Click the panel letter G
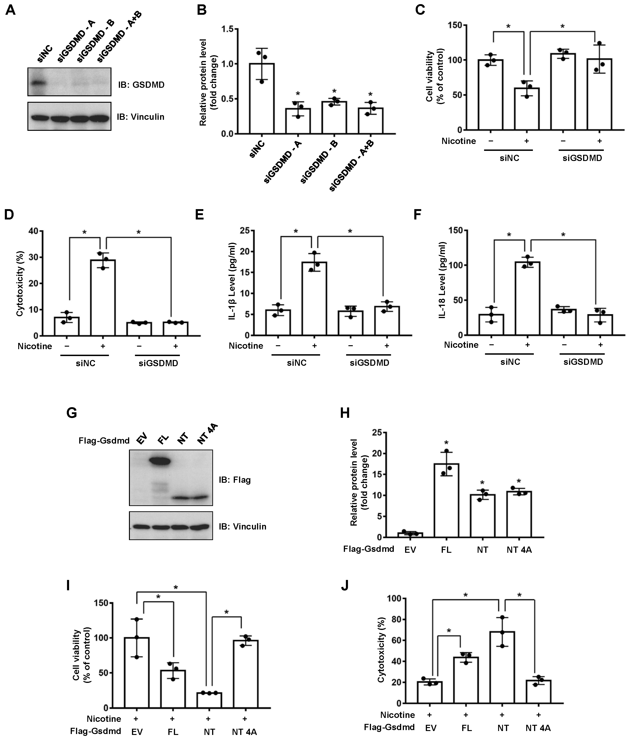pyautogui.click(x=72, y=413)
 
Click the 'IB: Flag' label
pyautogui.click(x=235, y=480)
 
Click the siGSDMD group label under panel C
pyautogui.click(x=582, y=158)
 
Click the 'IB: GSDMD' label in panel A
pyautogui.click(x=141, y=85)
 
